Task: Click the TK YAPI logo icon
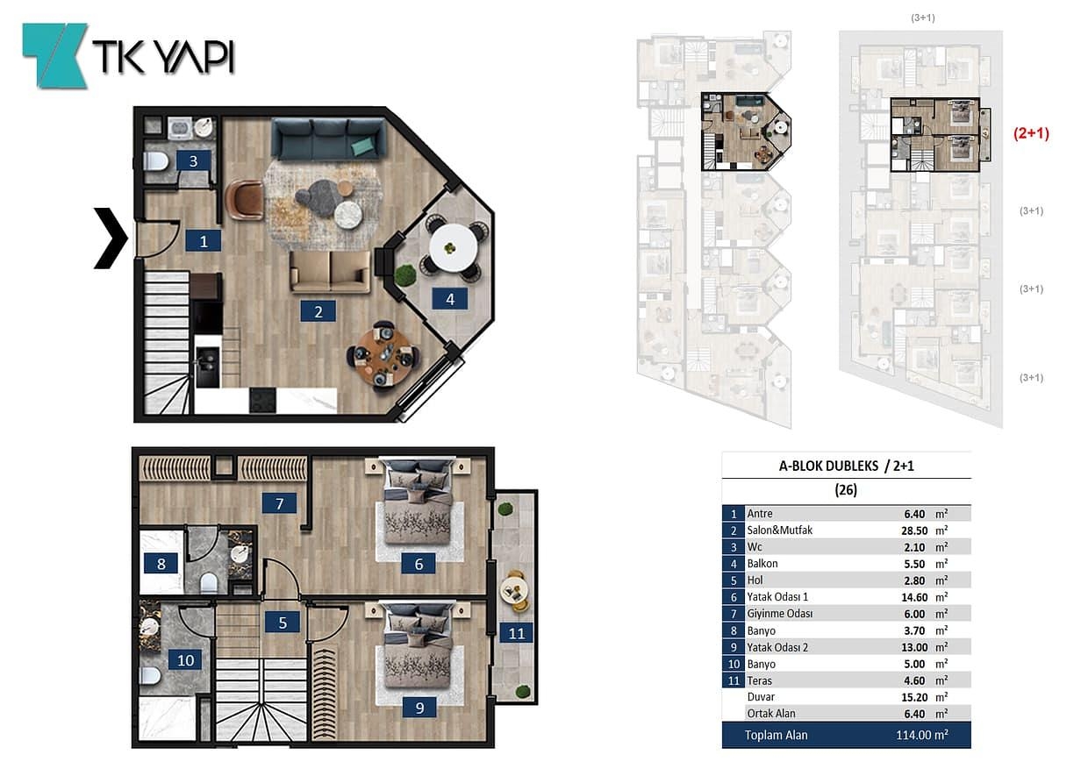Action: (x=54, y=56)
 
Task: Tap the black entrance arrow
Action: (x=111, y=238)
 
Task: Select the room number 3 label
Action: (x=193, y=160)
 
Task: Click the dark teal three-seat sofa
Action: (x=328, y=139)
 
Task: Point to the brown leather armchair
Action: (x=244, y=199)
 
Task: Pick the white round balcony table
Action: (x=454, y=248)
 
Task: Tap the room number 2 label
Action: (x=319, y=311)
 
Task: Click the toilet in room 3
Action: (x=156, y=161)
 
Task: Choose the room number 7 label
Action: (x=279, y=503)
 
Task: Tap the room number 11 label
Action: (x=516, y=633)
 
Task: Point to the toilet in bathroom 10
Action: (x=150, y=675)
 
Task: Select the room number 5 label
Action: (x=283, y=623)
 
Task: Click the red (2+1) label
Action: (x=1031, y=133)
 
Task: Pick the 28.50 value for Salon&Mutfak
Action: (x=914, y=530)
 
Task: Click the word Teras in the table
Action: (x=759, y=680)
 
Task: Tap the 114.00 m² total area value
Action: (x=922, y=735)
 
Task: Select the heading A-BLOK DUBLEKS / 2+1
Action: (x=846, y=466)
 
